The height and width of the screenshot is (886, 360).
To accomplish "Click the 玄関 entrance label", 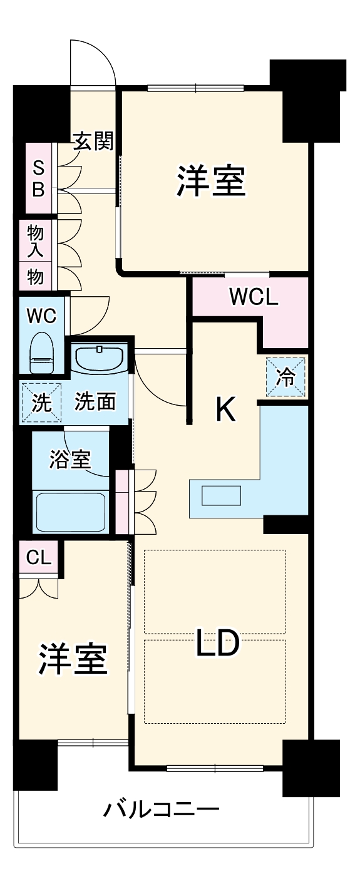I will [x=94, y=142].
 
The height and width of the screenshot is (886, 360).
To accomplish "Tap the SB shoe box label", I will [x=38, y=178].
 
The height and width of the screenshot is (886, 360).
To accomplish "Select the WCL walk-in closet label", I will [x=253, y=297].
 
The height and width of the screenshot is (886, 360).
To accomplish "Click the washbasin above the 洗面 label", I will [x=100, y=358].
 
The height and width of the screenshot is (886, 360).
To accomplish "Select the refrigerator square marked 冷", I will [x=285, y=377].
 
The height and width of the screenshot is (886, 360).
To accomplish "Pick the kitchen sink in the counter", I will [x=222, y=495].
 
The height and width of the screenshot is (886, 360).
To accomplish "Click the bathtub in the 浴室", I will [x=70, y=511].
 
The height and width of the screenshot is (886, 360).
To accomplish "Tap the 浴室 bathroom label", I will [x=70, y=460].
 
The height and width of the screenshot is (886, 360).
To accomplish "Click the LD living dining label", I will [x=217, y=643].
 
